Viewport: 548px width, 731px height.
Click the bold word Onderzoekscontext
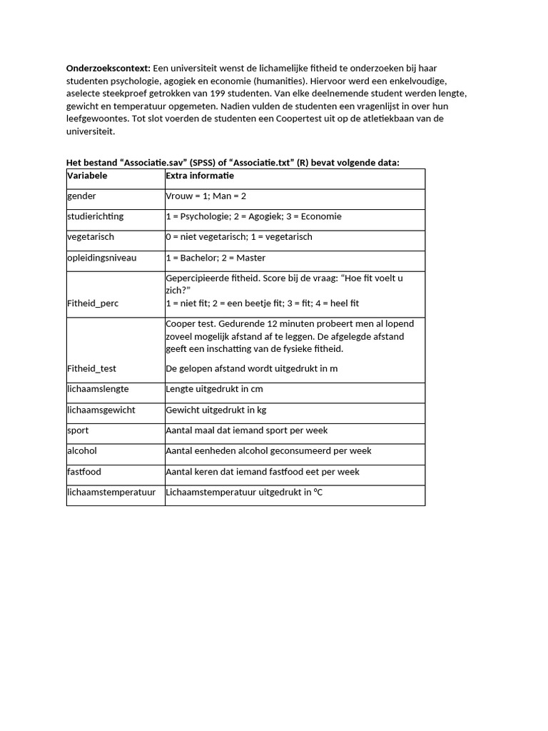tap(108, 68)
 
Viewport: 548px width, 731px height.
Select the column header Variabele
tap(88, 176)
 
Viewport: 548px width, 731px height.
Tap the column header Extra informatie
tap(200, 176)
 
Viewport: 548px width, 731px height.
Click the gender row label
tap(82, 196)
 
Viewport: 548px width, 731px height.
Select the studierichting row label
tap(95, 216)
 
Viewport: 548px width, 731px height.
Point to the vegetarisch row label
tap(91, 237)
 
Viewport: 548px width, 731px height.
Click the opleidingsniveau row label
tap(101, 258)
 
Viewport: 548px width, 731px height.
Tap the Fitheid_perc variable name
tap(93, 303)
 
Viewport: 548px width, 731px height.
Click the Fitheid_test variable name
tap(92, 368)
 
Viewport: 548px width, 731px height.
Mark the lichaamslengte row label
tap(98, 390)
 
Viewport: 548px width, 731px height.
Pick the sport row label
tap(78, 430)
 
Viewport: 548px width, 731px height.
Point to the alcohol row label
tap(82, 451)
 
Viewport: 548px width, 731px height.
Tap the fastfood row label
tap(83, 472)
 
